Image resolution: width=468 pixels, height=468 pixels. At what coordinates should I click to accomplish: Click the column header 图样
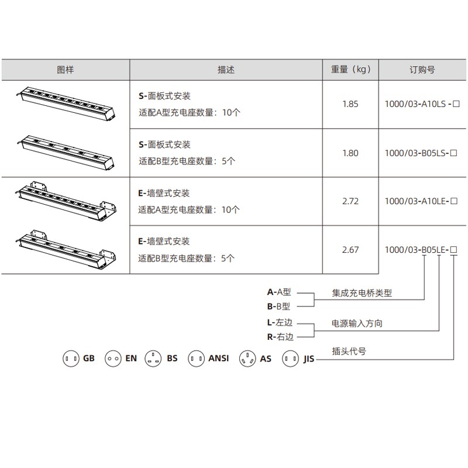tap(66, 70)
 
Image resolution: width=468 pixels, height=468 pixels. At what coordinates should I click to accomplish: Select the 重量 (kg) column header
tap(350, 70)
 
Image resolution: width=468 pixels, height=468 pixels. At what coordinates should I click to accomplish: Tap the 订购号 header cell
tap(422, 70)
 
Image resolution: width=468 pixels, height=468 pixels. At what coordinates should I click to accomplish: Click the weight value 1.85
tap(350, 104)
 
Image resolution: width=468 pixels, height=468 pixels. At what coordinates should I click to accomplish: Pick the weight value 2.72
tap(350, 201)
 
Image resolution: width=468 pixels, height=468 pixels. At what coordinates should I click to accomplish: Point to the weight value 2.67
tap(350, 250)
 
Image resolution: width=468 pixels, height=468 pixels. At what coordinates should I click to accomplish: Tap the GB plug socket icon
tap(71, 359)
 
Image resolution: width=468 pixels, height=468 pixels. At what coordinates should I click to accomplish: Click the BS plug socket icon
tap(153, 359)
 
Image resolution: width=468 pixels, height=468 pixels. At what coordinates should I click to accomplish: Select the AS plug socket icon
tap(247, 359)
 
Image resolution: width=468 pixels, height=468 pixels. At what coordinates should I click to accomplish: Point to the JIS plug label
tap(309, 359)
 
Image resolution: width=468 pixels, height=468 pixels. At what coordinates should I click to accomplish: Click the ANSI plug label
tap(218, 358)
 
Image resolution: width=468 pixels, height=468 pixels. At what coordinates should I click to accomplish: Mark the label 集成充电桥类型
tap(362, 293)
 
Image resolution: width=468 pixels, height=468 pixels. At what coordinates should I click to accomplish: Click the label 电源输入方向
tap(357, 324)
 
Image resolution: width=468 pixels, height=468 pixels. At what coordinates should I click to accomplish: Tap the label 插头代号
tap(349, 352)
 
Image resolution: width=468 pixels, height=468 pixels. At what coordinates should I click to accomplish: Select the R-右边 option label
tap(280, 337)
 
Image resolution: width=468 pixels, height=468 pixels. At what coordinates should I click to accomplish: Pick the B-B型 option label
tap(278, 307)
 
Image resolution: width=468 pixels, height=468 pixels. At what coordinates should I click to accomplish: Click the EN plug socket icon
tap(113, 359)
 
